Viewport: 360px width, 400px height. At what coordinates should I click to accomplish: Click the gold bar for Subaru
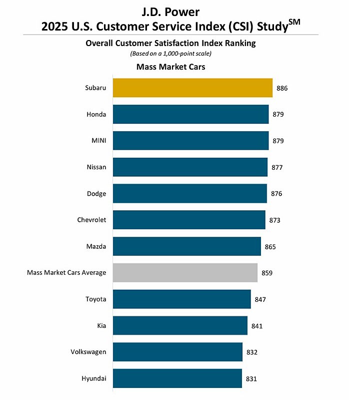click(x=192, y=88)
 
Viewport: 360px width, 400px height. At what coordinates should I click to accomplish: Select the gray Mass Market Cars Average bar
click(x=185, y=273)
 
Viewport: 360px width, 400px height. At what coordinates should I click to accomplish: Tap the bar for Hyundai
click(x=177, y=378)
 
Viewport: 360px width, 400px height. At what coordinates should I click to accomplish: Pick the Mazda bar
click(x=187, y=246)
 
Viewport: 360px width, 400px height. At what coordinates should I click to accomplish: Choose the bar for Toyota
click(x=181, y=299)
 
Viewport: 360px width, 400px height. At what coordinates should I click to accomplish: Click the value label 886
click(x=282, y=88)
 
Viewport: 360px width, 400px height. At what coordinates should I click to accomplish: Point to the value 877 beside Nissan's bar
click(x=277, y=167)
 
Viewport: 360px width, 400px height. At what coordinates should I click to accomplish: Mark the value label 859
click(x=267, y=273)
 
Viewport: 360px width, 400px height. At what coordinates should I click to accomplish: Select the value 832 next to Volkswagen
click(x=252, y=352)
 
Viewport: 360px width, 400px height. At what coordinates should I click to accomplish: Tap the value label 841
click(x=257, y=326)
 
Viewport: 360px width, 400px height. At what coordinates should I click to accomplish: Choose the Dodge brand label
click(x=96, y=194)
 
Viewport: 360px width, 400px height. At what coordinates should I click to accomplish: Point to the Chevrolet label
click(x=91, y=220)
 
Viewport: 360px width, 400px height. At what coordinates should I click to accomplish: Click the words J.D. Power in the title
click(x=179, y=11)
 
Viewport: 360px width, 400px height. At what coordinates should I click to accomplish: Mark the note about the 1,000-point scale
click(x=170, y=54)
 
